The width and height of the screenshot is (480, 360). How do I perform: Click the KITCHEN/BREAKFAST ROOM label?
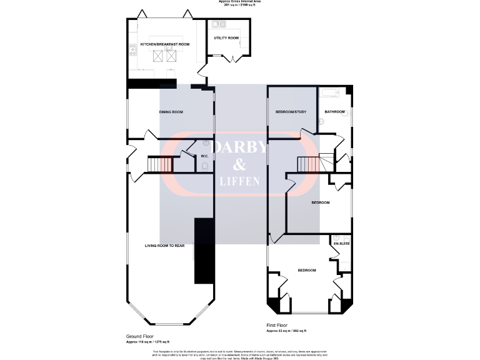165,44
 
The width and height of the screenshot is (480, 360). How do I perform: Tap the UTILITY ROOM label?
226,38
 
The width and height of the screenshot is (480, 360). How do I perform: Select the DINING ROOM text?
171,112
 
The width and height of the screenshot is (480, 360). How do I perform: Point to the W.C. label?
204,156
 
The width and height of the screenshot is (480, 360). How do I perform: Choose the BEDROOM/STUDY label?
291,112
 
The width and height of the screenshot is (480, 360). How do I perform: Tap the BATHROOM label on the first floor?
334,112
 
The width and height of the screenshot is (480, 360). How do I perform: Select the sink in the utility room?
219,25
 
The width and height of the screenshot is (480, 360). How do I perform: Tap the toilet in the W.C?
205,166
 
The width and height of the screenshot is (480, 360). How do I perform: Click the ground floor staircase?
159,165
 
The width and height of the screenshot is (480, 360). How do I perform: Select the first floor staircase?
308,164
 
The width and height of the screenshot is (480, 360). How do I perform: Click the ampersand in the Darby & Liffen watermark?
240,165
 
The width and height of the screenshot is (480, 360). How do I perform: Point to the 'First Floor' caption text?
279,326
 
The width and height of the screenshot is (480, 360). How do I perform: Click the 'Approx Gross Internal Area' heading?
239,2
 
